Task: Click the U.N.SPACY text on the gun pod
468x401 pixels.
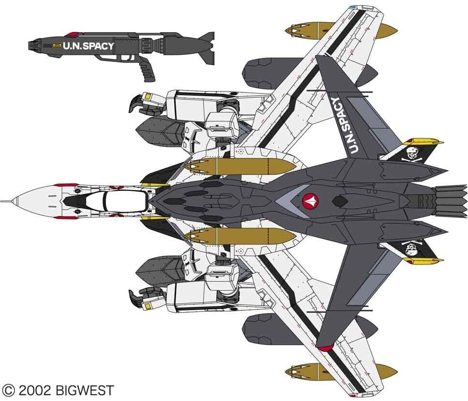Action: (x=88, y=46)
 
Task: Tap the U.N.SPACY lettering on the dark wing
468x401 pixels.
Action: (x=345, y=125)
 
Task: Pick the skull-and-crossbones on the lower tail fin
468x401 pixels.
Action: (x=413, y=249)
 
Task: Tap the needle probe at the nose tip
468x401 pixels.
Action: (x=6, y=200)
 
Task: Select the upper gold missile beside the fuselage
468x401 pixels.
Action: (x=240, y=166)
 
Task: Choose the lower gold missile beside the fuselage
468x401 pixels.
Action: (x=240, y=236)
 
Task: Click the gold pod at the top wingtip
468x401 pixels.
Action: (x=341, y=31)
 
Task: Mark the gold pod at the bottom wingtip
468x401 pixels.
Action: (x=341, y=371)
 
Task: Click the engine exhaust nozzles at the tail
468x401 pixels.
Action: (x=450, y=200)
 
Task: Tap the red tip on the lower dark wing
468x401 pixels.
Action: (x=325, y=347)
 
